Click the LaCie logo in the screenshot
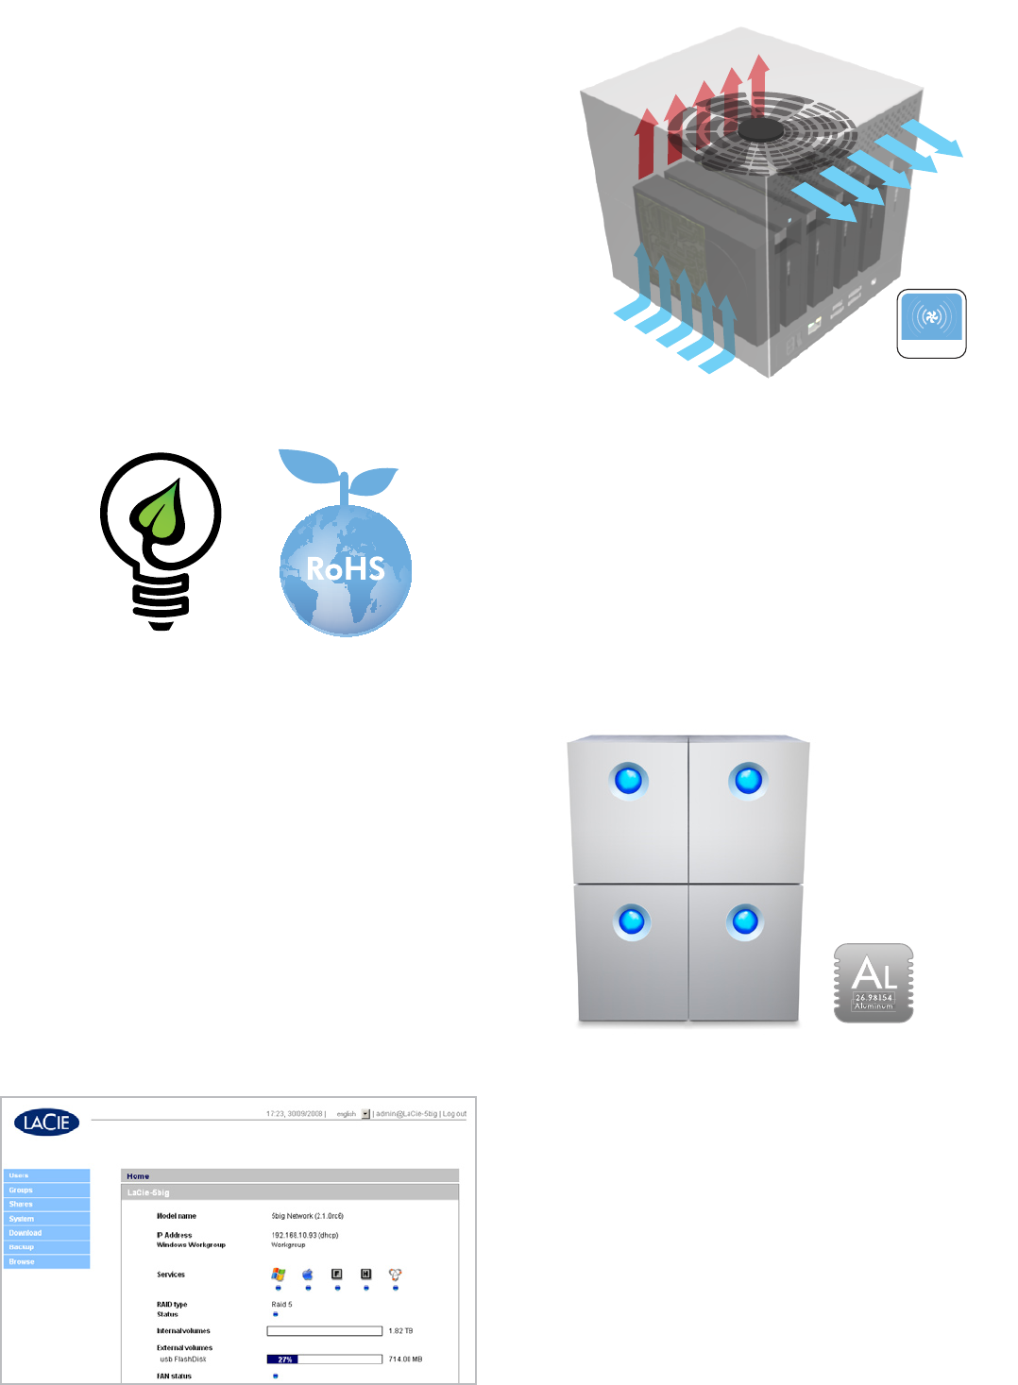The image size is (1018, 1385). coord(46,1122)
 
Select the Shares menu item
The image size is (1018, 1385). coord(22,1204)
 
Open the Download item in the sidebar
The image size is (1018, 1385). coord(25,1232)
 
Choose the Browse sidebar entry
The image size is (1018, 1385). coord(22,1261)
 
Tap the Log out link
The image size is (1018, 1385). coord(455,1114)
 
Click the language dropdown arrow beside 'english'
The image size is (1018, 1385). coord(365,1114)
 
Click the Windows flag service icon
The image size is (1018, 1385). coord(278,1275)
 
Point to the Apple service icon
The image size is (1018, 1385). coord(307,1275)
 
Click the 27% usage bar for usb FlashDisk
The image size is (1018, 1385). coord(283,1360)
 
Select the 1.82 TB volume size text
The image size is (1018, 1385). coord(400,1331)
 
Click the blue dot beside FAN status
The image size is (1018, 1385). coord(276,1377)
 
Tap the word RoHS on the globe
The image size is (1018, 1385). coord(346,568)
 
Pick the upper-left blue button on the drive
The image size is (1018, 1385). coord(628,781)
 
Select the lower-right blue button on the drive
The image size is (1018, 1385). coord(745,921)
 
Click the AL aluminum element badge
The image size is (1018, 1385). coord(874,983)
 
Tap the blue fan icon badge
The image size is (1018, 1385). coord(931,317)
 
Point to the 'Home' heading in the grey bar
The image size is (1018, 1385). coord(138,1176)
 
